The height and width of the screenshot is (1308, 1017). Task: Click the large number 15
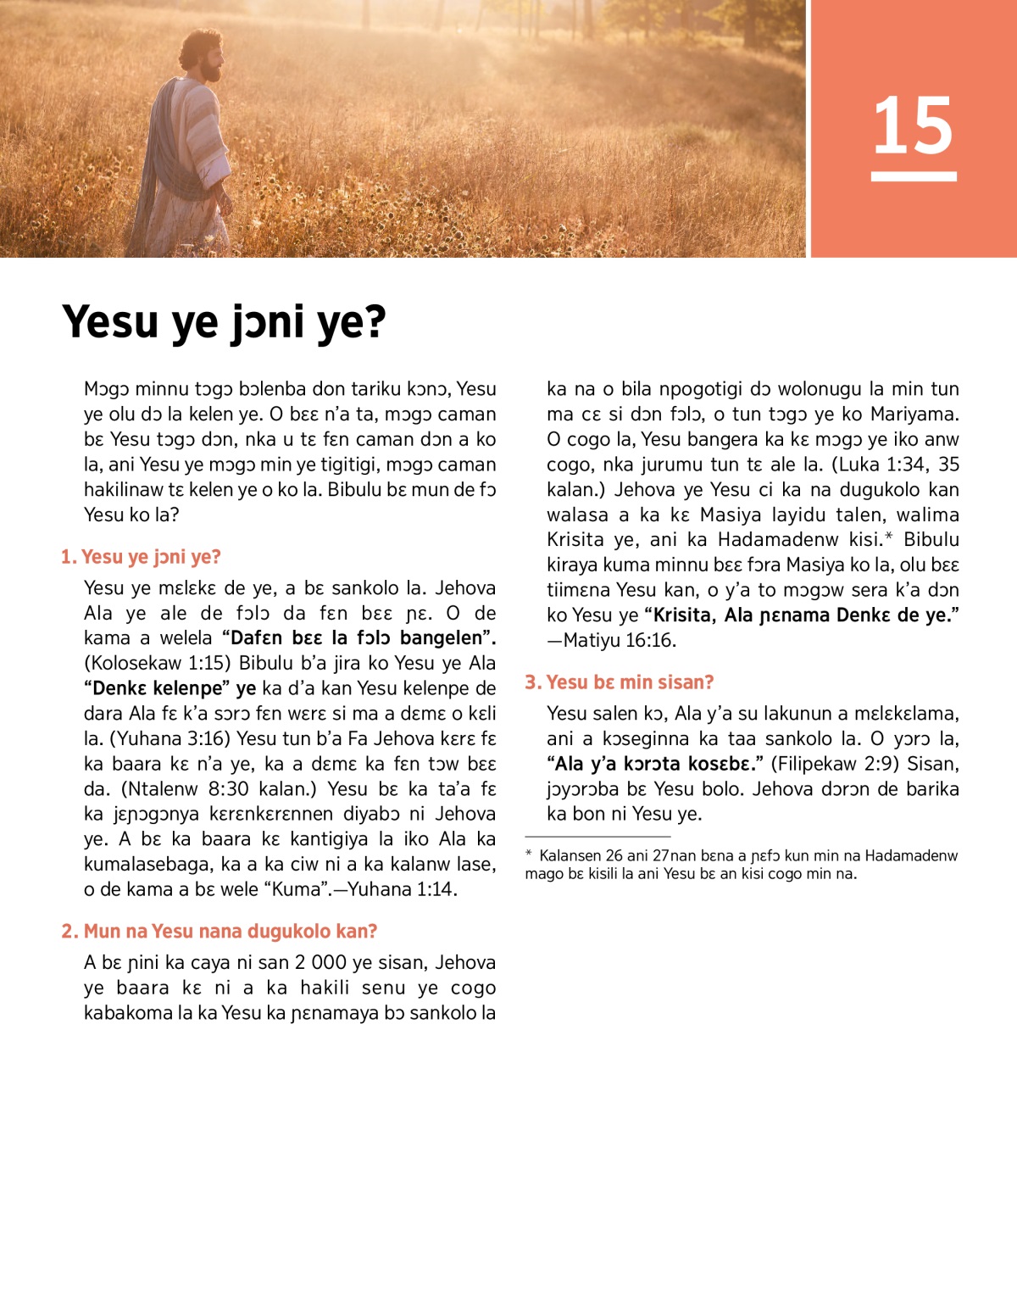tap(913, 125)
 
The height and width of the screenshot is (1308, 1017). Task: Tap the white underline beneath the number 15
tap(913, 176)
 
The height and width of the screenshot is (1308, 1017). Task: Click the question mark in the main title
tap(374, 322)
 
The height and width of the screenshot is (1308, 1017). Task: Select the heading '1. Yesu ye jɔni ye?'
tap(141, 557)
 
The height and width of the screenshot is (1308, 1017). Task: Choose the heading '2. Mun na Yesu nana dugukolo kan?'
tap(219, 931)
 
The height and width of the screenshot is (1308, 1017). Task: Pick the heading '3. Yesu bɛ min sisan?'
tap(619, 682)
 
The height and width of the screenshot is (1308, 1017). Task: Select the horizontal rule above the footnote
tap(597, 836)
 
